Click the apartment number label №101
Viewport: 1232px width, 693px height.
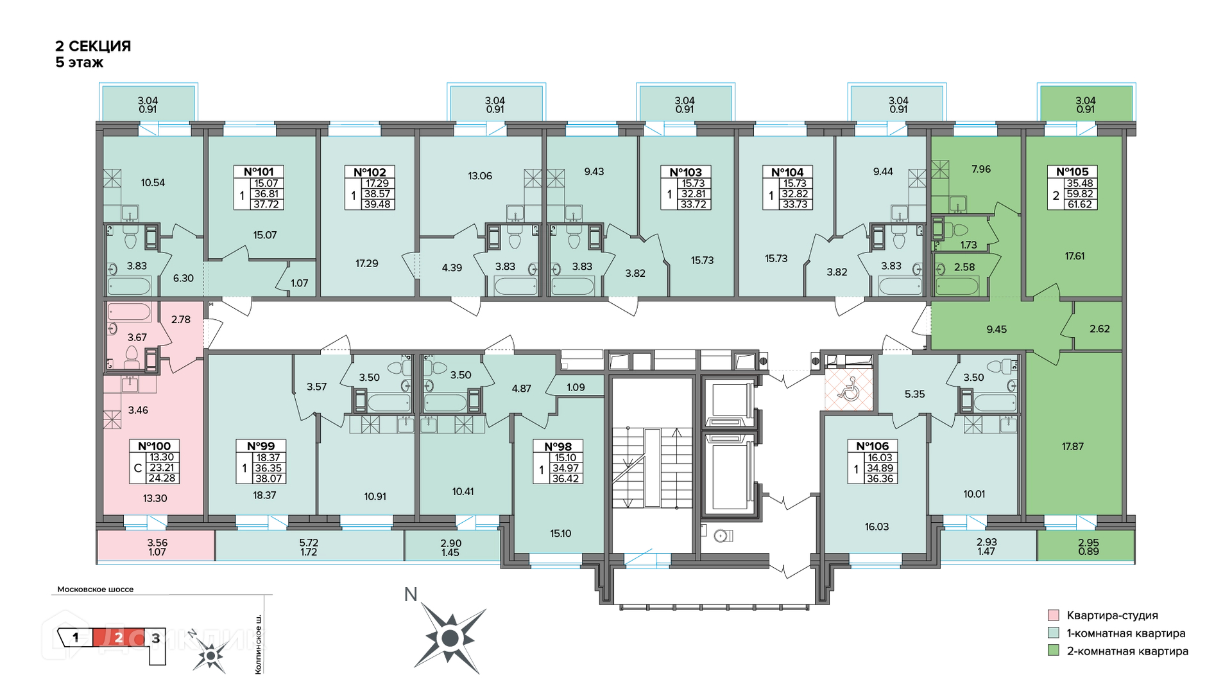[x=259, y=171]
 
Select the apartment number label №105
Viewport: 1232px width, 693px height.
[x=1072, y=171]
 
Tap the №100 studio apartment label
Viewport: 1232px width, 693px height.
[x=154, y=446]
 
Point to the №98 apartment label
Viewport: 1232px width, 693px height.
[x=558, y=446]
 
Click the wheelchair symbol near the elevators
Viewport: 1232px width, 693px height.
[x=849, y=388]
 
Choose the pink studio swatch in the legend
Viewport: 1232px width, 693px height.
[x=1053, y=615]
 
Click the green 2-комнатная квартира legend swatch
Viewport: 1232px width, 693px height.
[x=1053, y=651]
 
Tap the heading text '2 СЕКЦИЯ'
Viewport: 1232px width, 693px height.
[x=93, y=46]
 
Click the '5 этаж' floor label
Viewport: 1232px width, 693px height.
[x=80, y=62]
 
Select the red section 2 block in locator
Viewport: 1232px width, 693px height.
[x=119, y=638]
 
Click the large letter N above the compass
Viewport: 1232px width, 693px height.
[x=411, y=594]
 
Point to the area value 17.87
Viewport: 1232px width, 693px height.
[x=1072, y=446]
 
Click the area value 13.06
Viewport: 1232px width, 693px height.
[x=480, y=176]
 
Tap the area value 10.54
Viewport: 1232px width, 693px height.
[x=153, y=182]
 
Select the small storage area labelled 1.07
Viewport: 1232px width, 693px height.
[x=300, y=283]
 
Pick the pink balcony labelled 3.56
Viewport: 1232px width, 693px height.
[x=157, y=546]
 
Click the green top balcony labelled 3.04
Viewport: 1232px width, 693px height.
[x=1086, y=103]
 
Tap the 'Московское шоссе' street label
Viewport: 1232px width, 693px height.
[x=96, y=589]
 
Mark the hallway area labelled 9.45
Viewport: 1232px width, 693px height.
[x=997, y=329]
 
